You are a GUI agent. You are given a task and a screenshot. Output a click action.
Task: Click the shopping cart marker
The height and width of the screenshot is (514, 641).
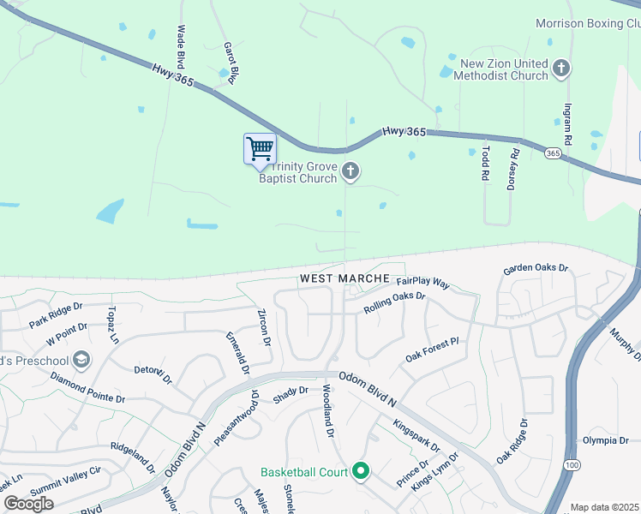(260, 149)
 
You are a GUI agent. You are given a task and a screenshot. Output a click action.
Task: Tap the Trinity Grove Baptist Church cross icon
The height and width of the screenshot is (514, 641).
(350, 172)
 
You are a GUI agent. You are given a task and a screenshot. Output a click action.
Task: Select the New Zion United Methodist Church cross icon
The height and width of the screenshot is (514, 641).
(560, 68)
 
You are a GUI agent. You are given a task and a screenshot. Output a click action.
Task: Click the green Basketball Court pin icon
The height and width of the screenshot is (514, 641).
(361, 471)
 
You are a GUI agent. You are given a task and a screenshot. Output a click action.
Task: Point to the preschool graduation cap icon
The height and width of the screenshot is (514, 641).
(81, 359)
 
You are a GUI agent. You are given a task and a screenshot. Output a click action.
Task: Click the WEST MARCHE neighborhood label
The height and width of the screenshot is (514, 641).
(344, 279)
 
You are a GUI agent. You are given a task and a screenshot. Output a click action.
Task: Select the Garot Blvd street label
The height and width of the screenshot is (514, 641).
(229, 63)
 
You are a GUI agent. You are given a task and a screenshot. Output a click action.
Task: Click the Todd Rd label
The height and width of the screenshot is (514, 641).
(485, 162)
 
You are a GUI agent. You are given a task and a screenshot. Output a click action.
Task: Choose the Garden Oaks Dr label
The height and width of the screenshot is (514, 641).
(536, 268)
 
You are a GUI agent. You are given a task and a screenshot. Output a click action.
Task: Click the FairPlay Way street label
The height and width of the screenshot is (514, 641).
(422, 281)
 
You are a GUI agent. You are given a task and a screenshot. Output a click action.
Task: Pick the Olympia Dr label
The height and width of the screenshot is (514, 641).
(605, 440)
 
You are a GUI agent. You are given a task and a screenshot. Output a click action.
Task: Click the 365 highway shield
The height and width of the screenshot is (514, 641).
(553, 152)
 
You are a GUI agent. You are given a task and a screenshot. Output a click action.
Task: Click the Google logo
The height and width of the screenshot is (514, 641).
(28, 504)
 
